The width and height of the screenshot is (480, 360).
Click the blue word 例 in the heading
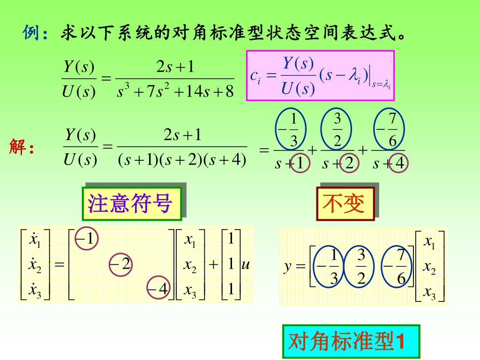[31, 34]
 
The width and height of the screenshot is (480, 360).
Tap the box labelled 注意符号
[131, 203]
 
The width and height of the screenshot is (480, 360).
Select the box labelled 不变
[345, 203]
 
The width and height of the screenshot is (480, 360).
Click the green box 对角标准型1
[351, 342]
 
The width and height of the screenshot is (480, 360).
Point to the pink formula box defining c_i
[320, 76]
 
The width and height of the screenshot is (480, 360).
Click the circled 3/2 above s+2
[337, 130]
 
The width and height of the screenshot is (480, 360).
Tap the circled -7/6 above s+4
[389, 130]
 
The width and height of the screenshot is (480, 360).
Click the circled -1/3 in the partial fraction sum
[290, 130]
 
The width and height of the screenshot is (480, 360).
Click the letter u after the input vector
[245, 265]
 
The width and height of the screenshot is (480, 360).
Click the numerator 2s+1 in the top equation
[175, 67]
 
